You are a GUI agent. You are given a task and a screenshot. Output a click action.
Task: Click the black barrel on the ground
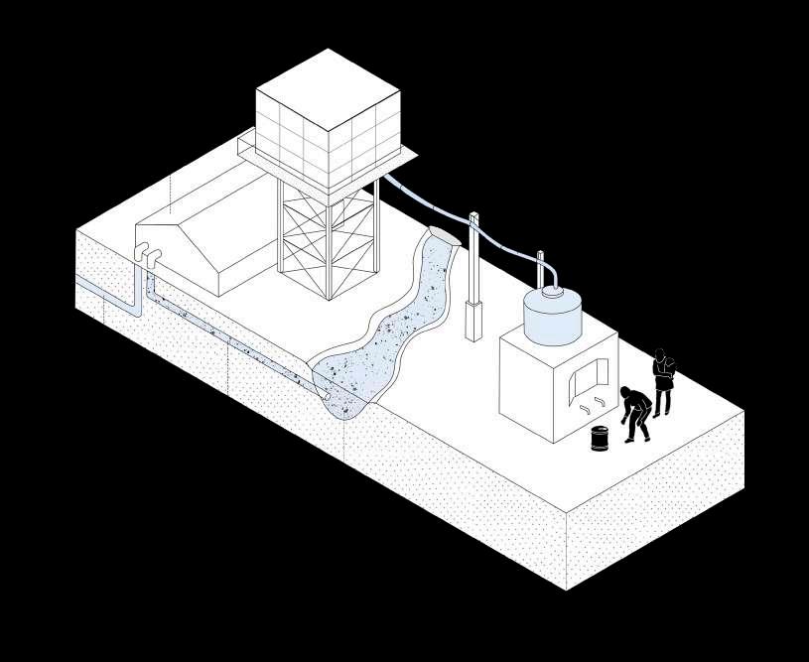point(600,438)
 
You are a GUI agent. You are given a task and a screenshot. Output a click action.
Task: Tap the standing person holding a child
point(662,381)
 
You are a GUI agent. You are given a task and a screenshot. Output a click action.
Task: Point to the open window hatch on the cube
point(586,379)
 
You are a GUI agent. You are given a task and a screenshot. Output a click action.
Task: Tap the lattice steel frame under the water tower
point(328,238)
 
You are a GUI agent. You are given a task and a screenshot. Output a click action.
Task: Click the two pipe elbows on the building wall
point(147,255)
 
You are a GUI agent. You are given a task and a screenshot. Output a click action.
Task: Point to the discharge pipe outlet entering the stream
point(325,395)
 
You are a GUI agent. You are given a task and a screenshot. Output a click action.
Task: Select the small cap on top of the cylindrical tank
point(551,292)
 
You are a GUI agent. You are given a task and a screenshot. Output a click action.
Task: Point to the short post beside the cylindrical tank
point(541,269)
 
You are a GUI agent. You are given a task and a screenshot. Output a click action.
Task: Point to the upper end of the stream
point(441,237)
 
